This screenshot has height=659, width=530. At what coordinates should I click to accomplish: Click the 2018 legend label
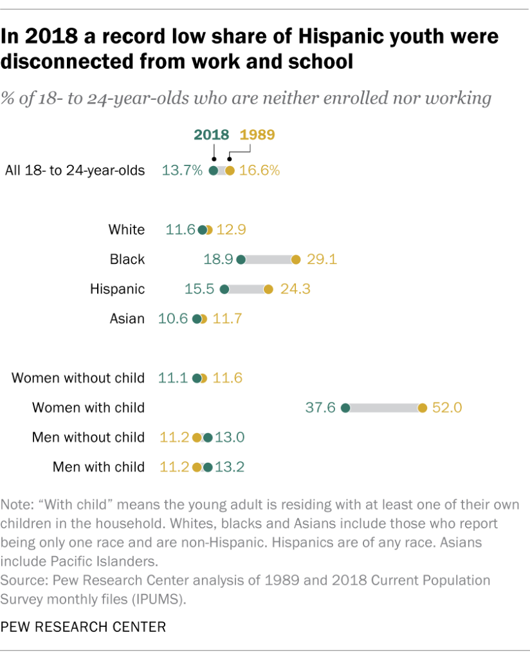pos(211,135)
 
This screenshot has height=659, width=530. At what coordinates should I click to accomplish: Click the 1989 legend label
pos(257,135)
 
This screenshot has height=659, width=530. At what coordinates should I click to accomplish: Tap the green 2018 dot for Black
pos(241,260)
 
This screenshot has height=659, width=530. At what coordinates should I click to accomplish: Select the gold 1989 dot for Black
pos(296,260)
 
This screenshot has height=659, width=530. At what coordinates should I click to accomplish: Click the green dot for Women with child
pos(345,408)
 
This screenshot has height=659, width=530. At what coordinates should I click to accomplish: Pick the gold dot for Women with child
pos(423,408)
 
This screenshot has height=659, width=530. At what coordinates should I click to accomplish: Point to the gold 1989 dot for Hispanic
pos(268,290)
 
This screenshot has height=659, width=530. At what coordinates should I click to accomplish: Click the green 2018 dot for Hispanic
pos(224,290)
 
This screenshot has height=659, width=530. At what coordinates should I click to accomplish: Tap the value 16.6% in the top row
pos(260,171)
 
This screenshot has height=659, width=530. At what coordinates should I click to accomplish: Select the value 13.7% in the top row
pos(183,171)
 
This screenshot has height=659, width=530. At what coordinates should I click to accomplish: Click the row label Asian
pos(127,319)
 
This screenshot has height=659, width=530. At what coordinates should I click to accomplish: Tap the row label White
pos(127,230)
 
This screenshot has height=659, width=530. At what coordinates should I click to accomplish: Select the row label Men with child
pos(98,467)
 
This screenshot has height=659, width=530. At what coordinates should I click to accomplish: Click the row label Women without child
pos(78,378)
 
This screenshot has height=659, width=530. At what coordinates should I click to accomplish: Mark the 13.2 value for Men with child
pos(230,467)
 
